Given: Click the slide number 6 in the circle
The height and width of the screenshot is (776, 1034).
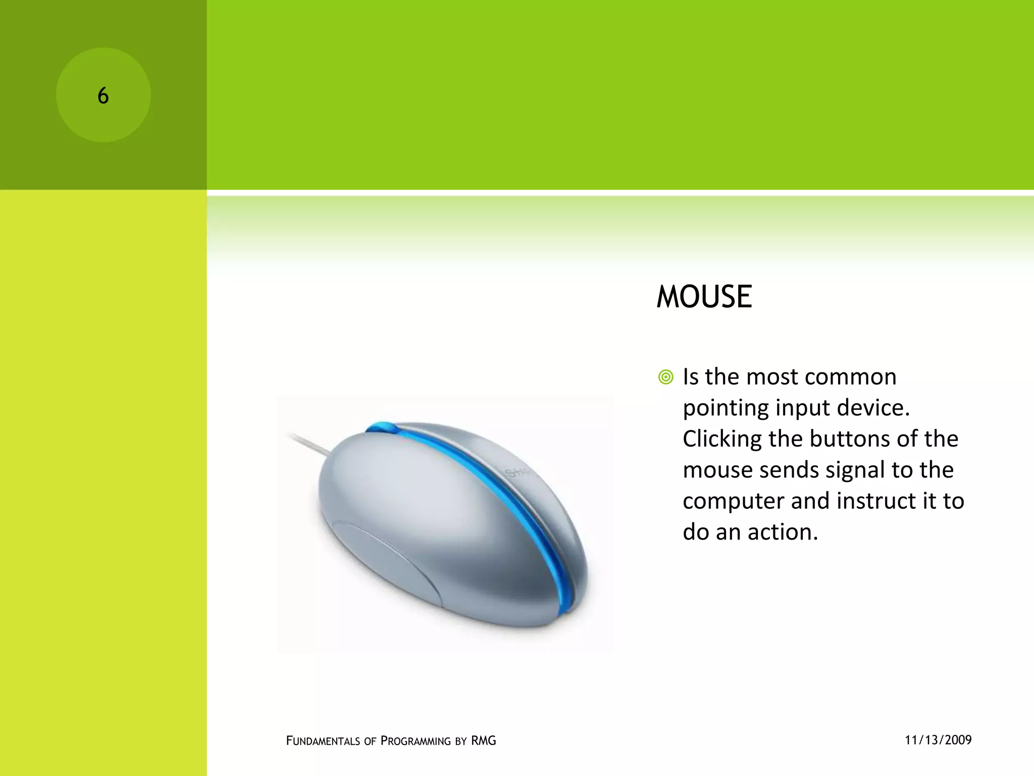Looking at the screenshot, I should [x=103, y=95].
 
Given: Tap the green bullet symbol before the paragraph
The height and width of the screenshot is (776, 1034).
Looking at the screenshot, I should [x=665, y=377].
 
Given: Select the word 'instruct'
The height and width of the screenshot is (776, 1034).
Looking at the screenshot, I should [x=876, y=501].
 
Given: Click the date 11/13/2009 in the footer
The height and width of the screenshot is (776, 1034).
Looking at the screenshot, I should [x=938, y=740].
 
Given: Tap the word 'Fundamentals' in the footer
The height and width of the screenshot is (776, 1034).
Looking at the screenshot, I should [x=323, y=741].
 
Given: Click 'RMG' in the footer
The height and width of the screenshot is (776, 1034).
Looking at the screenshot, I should [x=483, y=741].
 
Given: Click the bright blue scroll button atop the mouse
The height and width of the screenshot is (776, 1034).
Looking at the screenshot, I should [x=382, y=427].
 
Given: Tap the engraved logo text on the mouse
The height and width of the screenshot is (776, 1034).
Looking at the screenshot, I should [x=518, y=473].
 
